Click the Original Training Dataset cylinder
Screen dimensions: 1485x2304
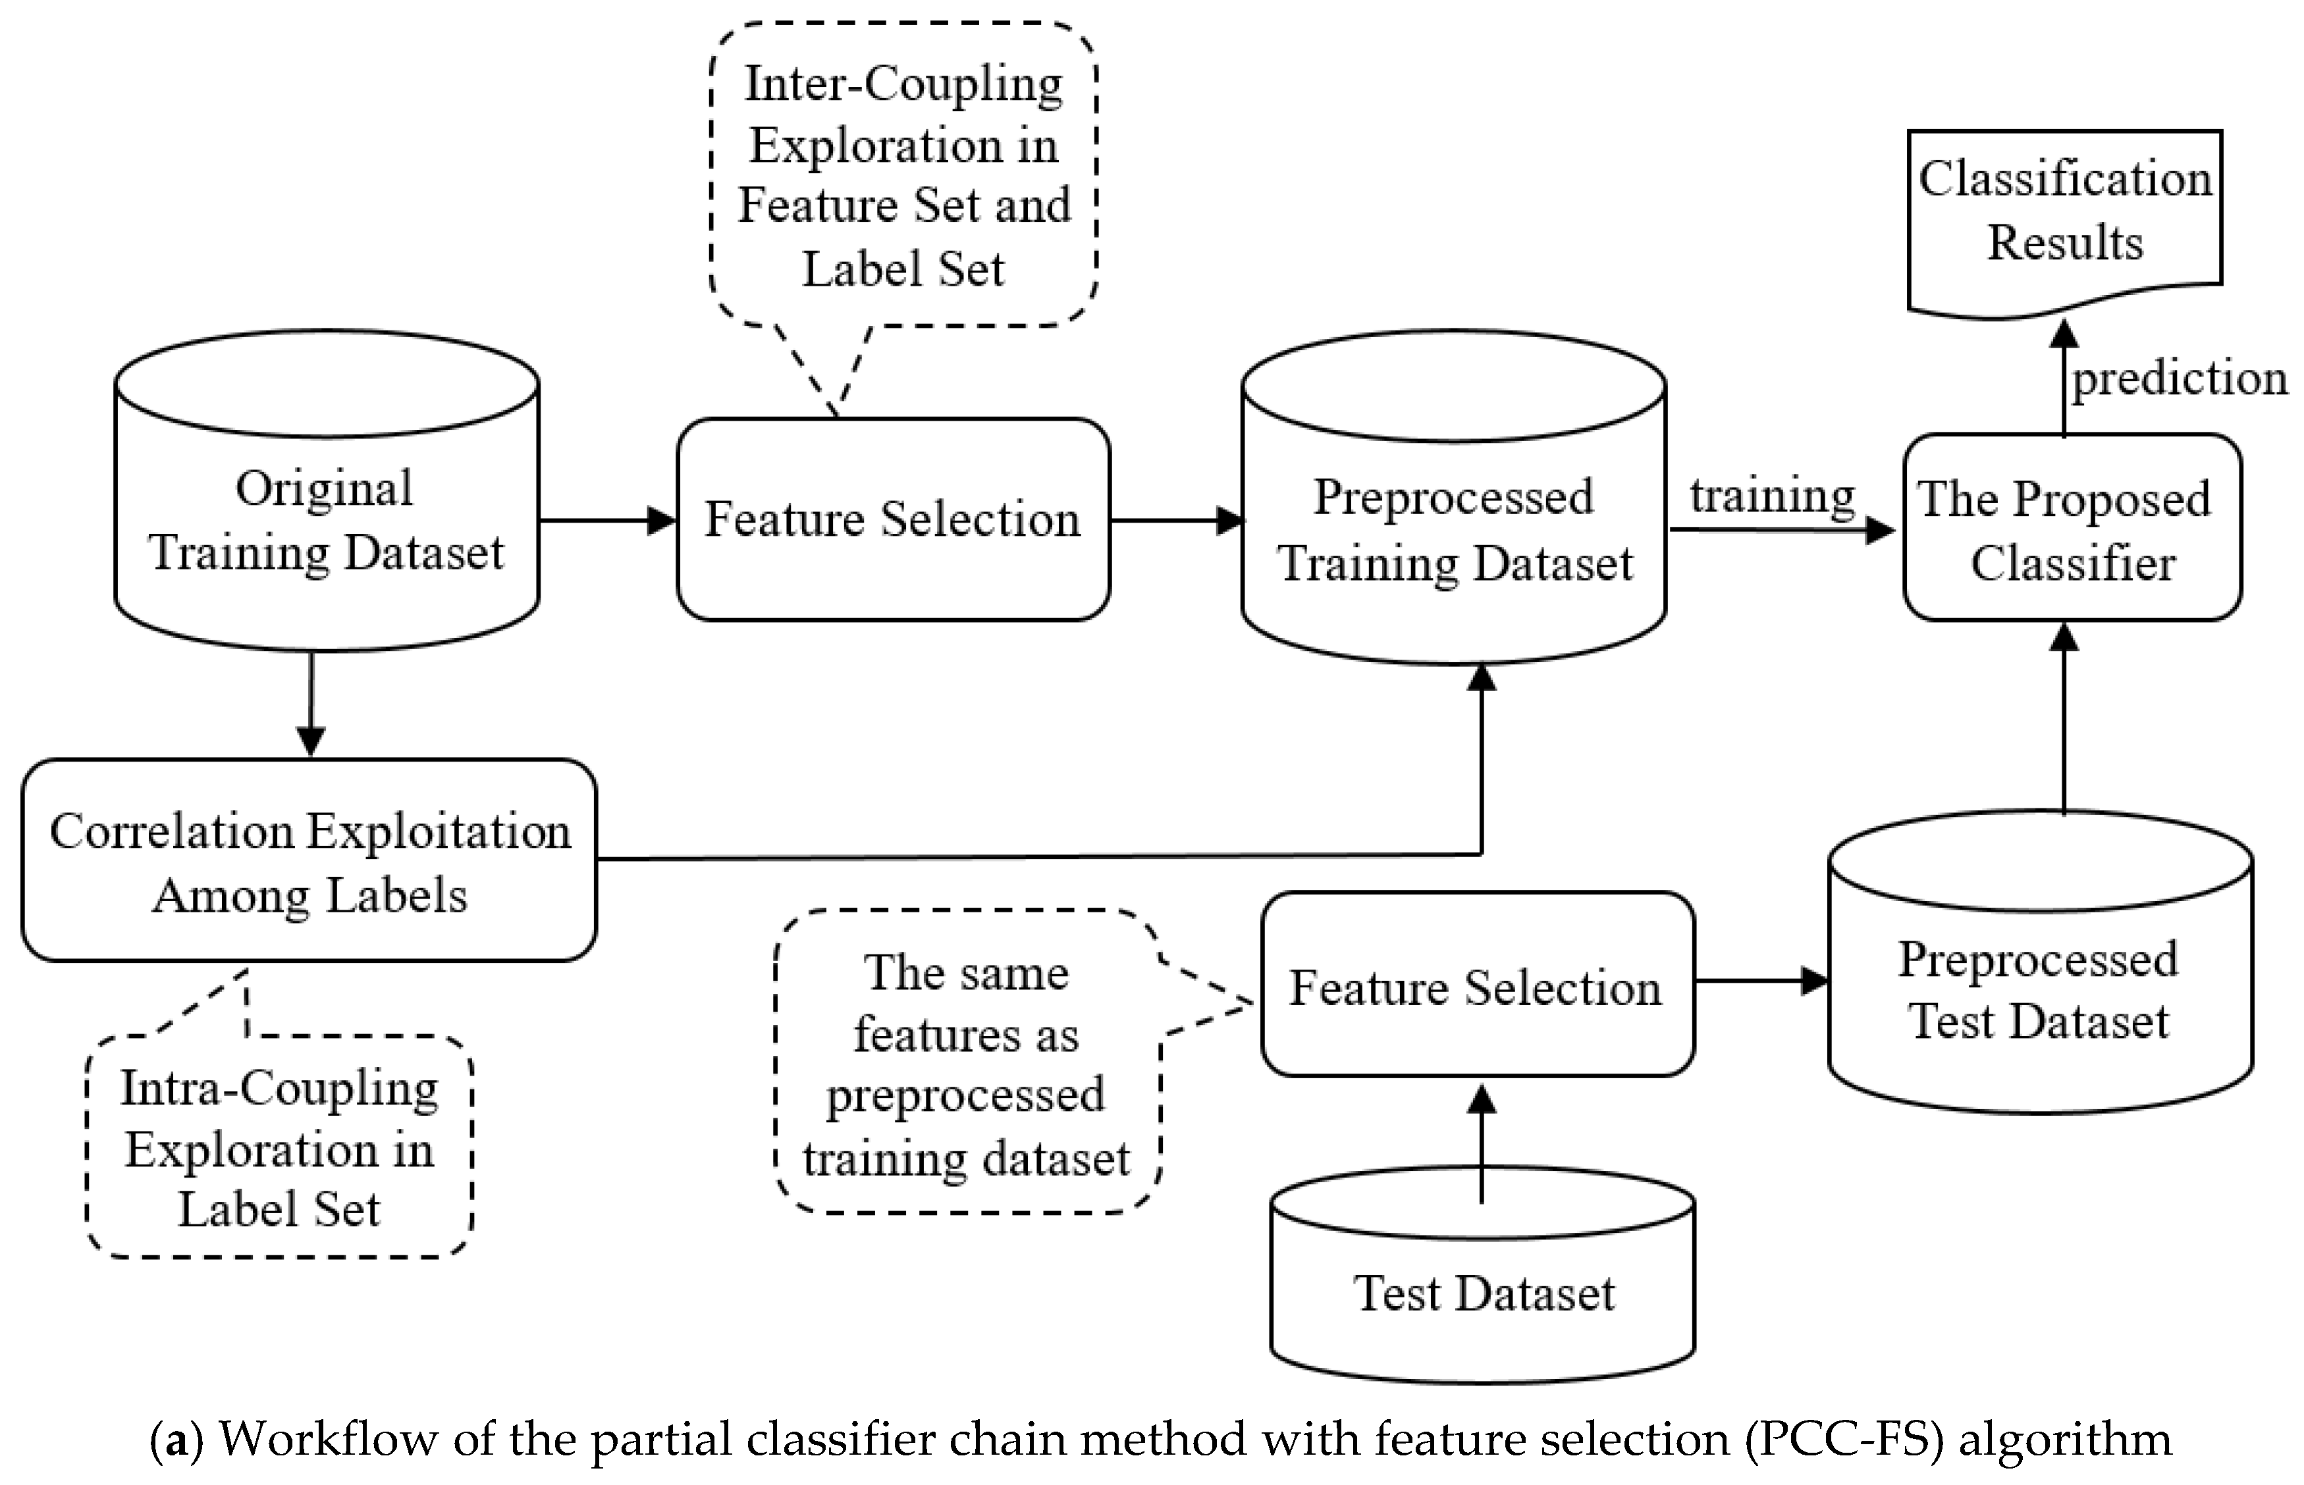[x=326, y=521]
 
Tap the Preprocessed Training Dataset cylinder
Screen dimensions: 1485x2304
[x=1453, y=531]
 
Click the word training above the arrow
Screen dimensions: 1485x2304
[x=1772, y=496]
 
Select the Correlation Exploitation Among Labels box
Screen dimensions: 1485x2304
[x=309, y=861]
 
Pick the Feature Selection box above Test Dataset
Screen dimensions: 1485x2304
[x=1476, y=987]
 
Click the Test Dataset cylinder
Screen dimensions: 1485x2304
[x=1482, y=1292]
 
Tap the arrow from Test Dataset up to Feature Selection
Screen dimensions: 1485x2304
[x=1482, y=1143]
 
